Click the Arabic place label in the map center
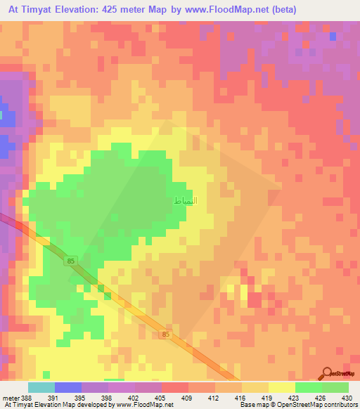pos(186,201)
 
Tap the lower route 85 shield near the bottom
pos(165,335)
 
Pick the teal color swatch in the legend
pos(41,387)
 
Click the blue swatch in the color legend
pos(68,387)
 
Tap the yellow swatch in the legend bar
pos(281,387)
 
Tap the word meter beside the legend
pos(10,397)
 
